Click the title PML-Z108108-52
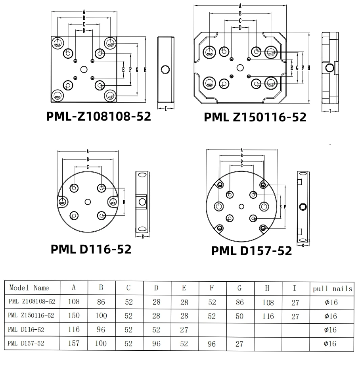(98, 116)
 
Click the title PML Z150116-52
(255, 117)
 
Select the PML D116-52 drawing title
(91, 249)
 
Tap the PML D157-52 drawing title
(251, 251)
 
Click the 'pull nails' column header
(332, 288)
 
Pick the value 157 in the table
(74, 343)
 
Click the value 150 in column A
(74, 315)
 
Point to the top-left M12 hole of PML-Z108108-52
(58, 43)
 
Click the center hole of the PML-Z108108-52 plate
(84, 69)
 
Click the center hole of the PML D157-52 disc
(241, 206)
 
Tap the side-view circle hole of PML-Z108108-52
(165, 71)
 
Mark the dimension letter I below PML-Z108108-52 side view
(165, 108)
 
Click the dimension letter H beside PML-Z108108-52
(146, 69)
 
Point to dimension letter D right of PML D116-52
(124, 202)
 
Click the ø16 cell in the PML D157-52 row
(331, 343)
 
